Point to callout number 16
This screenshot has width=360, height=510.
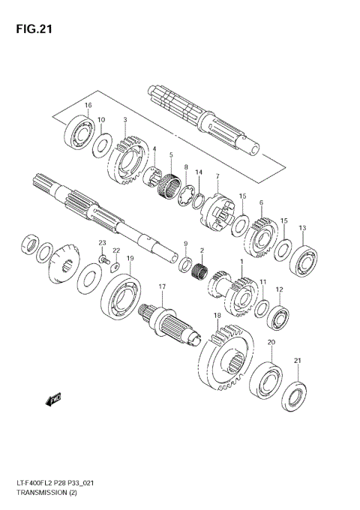pos(88,105)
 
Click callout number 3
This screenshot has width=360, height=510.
pos(124,120)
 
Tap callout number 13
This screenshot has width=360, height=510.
pos(302,228)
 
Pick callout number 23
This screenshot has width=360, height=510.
pos(103,241)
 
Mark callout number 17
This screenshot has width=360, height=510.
pos(161,287)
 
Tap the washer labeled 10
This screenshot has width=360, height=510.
pos(102,144)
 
